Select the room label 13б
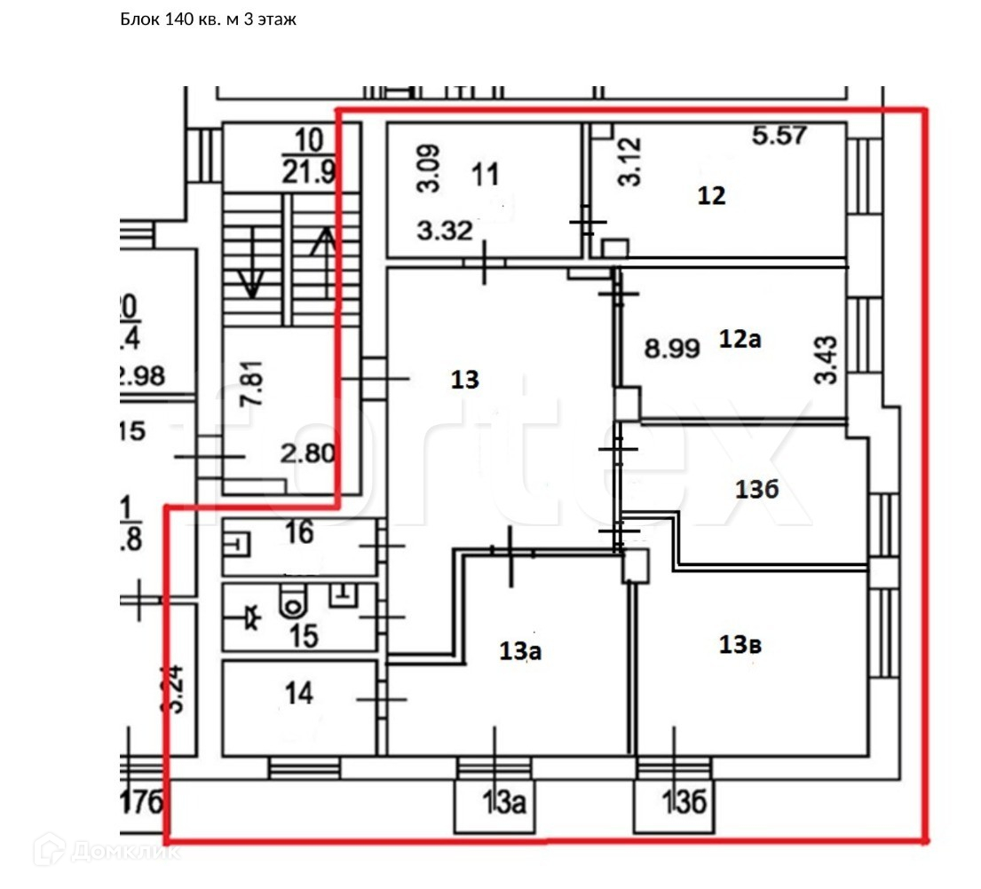click(757, 489)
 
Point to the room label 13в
click(740, 646)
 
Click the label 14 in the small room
click(299, 694)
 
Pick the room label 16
click(299, 533)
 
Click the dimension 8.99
click(672, 348)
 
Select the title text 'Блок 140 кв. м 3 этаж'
click(208, 19)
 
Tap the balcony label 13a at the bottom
click(503, 805)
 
